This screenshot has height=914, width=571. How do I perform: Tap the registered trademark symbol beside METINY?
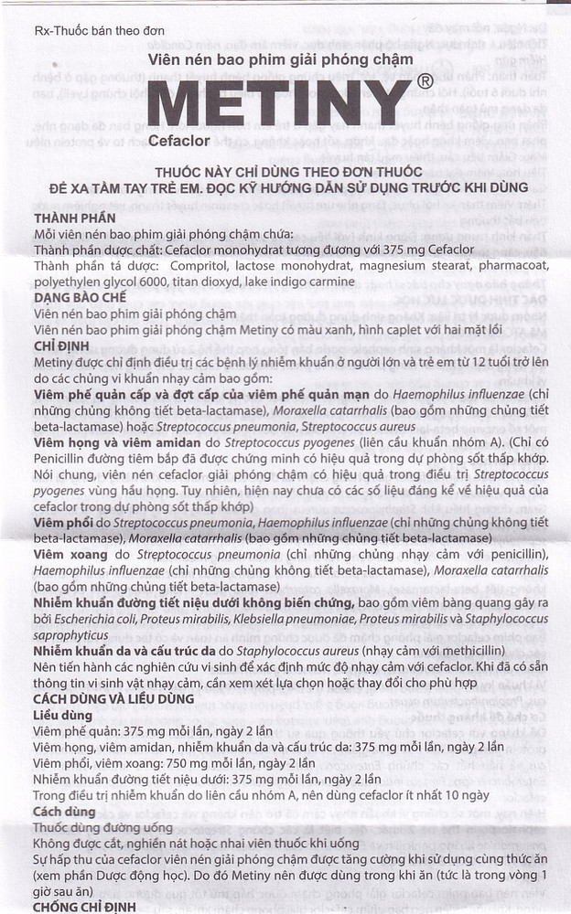424,82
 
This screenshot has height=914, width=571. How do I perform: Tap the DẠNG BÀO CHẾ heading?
80,298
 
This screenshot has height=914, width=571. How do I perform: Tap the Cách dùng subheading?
62,811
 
